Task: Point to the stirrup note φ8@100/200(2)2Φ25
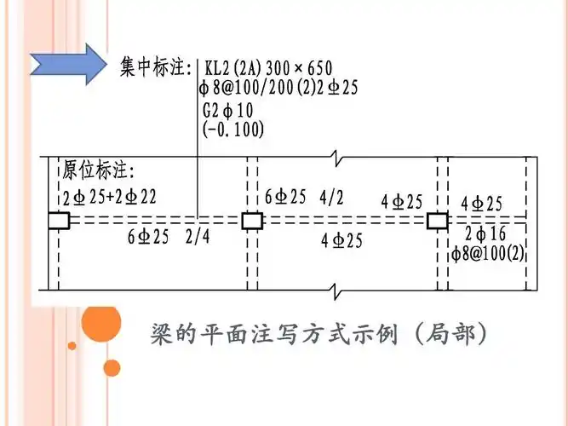277,89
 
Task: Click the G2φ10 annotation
227,111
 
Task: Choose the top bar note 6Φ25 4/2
304,198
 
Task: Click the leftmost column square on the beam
58,222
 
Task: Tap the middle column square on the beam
252,222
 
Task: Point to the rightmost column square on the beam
437,222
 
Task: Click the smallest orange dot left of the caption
72,346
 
